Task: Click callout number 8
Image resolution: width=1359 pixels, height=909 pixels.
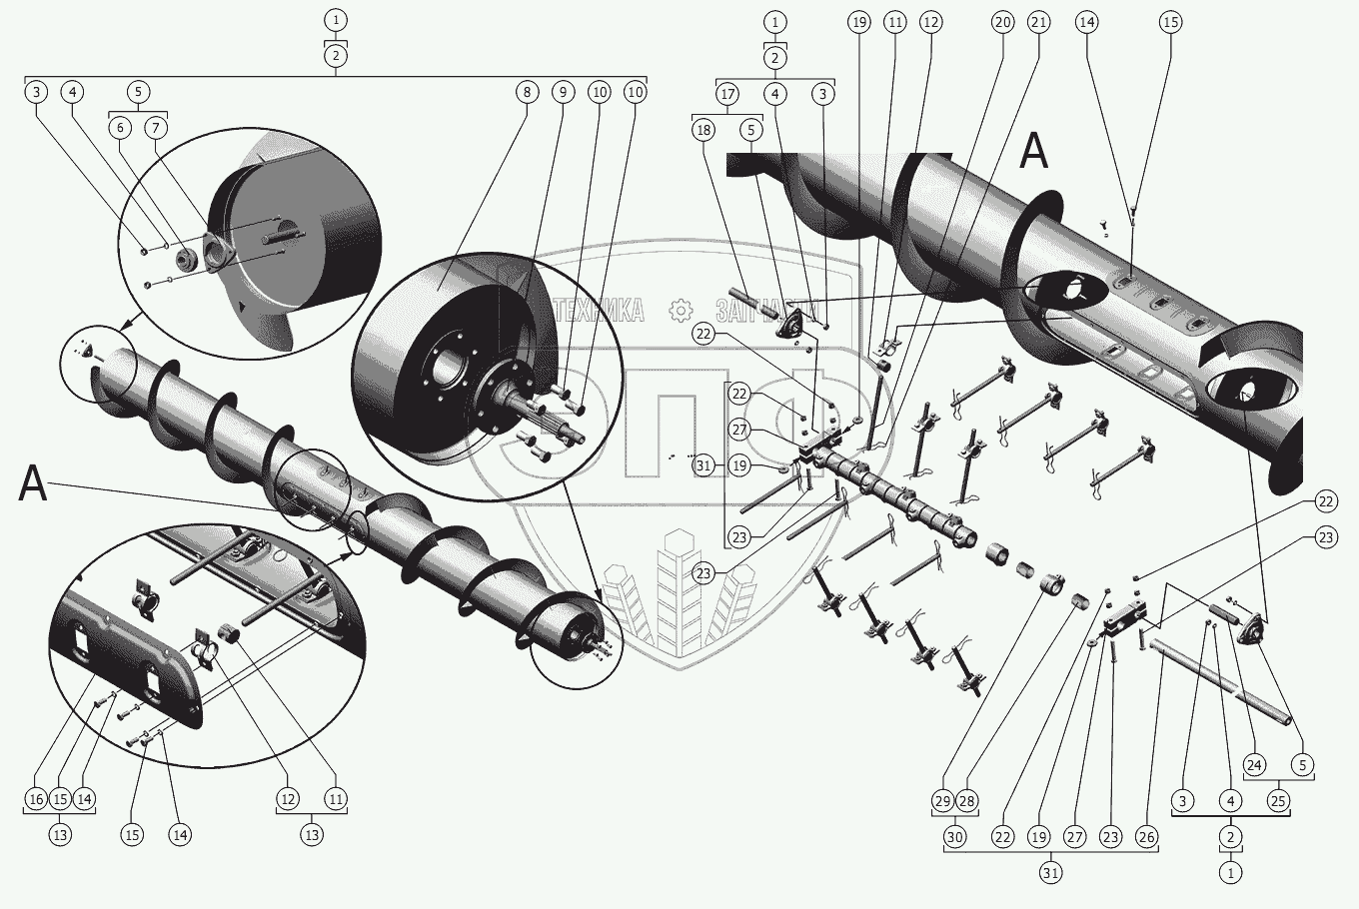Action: point(527,92)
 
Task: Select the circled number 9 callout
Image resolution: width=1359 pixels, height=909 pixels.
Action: point(563,92)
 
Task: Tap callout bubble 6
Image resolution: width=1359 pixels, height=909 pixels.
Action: point(120,128)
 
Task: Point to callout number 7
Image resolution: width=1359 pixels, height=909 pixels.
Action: point(156,128)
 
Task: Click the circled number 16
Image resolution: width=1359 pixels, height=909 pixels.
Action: point(36,799)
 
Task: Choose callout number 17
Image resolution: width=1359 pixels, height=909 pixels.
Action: point(727,94)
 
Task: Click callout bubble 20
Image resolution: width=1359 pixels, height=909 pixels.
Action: point(1002,22)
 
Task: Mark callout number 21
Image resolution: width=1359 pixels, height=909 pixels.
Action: point(1039,22)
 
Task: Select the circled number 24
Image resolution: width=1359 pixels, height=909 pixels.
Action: point(1256,766)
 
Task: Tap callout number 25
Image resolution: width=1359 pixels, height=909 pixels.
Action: point(1278,800)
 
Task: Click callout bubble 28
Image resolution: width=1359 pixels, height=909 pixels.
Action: point(966,801)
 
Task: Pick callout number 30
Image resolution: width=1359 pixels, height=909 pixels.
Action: point(955,837)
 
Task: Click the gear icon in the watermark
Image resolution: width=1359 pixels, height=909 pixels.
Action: point(679,311)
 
